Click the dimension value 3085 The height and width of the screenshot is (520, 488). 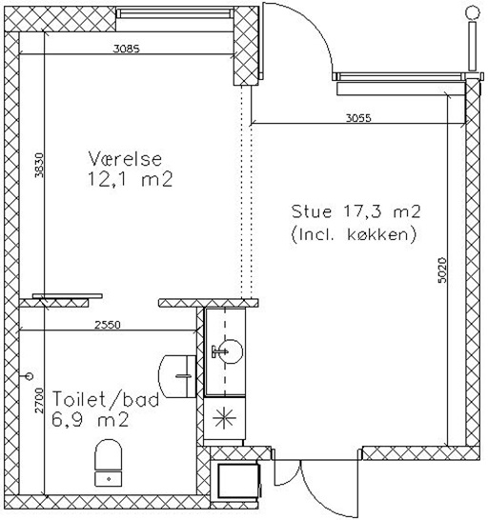pos(127,49)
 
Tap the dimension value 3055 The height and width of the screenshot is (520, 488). pos(358,118)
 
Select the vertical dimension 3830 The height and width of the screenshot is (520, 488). pos(39,165)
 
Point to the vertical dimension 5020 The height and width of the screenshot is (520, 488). pos(442,270)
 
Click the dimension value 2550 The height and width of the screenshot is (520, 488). pos(108,325)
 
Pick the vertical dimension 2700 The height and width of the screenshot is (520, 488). pos(39,400)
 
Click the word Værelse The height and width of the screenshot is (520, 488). pos(125,158)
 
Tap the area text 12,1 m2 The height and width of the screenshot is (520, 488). pos(130,180)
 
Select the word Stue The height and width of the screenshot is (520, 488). pos(312,211)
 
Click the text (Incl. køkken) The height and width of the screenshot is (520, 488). pos(354,235)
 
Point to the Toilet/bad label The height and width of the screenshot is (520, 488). pos(106,399)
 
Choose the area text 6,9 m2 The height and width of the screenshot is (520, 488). pos(90,420)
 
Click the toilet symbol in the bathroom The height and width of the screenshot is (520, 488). pos(109,463)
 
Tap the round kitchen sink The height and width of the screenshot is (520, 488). pos(231,351)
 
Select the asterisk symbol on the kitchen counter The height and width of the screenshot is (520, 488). pos(224,418)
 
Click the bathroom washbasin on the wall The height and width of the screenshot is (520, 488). pos(177,376)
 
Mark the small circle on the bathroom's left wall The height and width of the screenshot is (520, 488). pos(30,376)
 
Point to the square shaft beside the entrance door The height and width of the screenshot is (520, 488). pos(238,481)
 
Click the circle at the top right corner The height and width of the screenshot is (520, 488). pos(473,13)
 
